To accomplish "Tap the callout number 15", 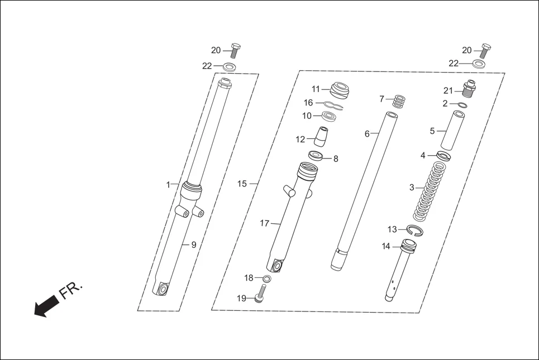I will (242, 184).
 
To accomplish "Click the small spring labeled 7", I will (399, 102).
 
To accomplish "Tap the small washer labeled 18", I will (266, 279).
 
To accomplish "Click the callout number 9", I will (194, 245).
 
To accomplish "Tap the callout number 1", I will (168, 185).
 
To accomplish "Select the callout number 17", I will (265, 223).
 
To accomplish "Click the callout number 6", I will (367, 134).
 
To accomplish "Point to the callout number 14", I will (386, 246).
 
